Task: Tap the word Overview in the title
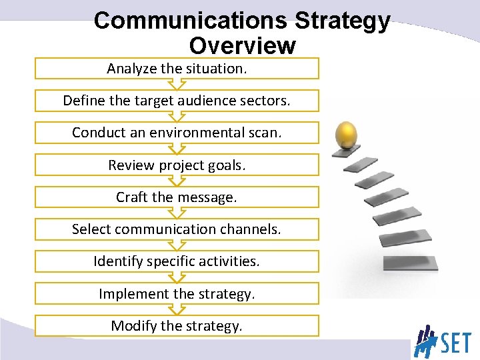[x=242, y=45]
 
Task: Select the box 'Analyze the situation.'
[x=177, y=69]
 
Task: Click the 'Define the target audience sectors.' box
[x=177, y=101]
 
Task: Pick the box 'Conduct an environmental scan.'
[x=177, y=133]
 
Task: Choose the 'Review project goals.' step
[x=177, y=165]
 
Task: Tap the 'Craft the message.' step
[x=177, y=197]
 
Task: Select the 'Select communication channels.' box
[x=177, y=229]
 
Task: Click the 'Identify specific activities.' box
[x=177, y=261]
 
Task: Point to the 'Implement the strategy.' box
[x=177, y=293]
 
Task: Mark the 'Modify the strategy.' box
[x=177, y=325]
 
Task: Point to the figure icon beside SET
[x=425, y=341]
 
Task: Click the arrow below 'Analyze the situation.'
[x=177, y=85]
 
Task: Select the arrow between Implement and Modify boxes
[x=177, y=309]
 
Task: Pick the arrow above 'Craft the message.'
[x=177, y=181]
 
